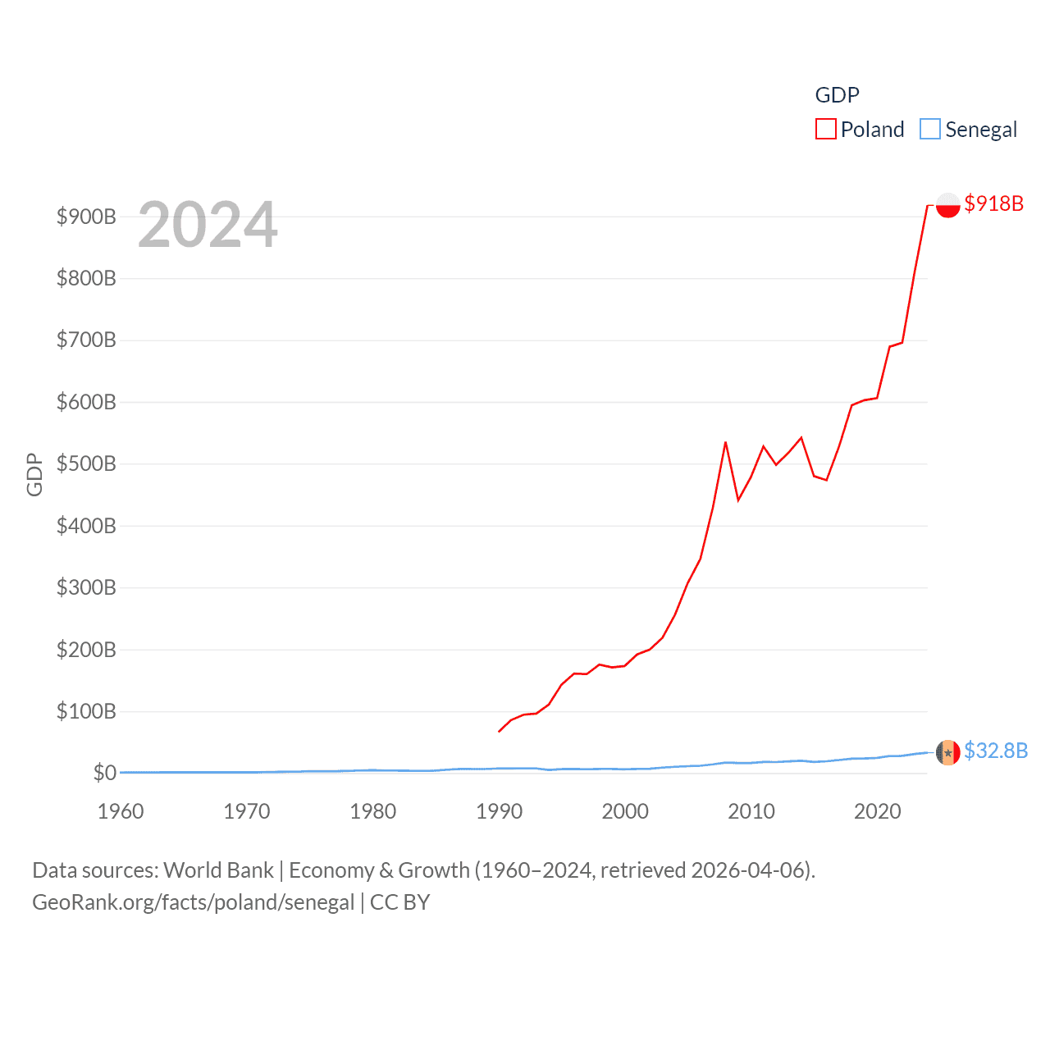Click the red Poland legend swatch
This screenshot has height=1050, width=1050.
point(825,130)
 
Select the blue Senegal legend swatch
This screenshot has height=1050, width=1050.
point(929,130)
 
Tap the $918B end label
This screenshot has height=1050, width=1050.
point(993,203)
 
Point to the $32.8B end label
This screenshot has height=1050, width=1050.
point(995,751)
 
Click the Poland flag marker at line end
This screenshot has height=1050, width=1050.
point(947,205)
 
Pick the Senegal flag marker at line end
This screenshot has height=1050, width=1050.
point(947,752)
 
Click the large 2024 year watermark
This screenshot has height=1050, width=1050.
point(208,225)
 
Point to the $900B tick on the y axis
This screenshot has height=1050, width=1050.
point(86,217)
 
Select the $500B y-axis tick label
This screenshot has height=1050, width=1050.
point(86,463)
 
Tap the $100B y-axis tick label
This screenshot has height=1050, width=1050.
point(86,711)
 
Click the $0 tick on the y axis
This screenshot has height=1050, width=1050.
point(104,773)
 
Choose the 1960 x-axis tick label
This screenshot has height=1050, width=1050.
point(121,811)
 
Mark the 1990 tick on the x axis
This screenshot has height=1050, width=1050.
point(499,811)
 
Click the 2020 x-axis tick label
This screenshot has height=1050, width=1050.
point(877,811)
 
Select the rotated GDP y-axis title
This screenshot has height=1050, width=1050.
point(34,474)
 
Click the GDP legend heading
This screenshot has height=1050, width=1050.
point(837,95)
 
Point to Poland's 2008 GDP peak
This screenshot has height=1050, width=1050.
point(725,443)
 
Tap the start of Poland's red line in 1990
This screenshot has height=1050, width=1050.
point(499,731)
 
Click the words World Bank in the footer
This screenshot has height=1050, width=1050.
point(218,870)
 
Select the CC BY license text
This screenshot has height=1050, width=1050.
point(399,902)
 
